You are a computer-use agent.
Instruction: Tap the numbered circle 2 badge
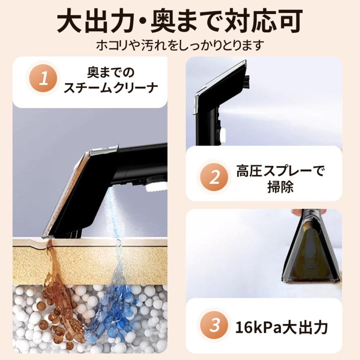(215, 177)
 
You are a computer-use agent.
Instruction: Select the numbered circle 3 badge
(215, 326)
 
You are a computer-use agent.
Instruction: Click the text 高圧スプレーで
(280, 170)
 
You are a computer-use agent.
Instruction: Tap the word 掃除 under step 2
(280, 187)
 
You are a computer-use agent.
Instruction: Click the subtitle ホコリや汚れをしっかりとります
(180, 45)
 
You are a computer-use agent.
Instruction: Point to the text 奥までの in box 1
(111, 72)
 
